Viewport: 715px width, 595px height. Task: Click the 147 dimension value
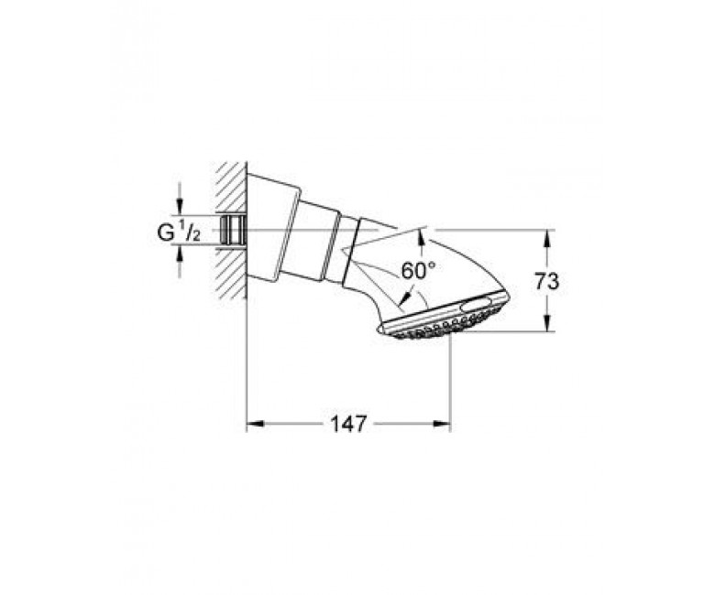coord(348,425)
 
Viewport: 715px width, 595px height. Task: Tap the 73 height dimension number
coord(546,282)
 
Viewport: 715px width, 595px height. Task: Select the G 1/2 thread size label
coord(179,233)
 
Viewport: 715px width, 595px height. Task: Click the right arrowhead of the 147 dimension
coord(442,425)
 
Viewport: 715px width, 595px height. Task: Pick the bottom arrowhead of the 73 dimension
coord(546,323)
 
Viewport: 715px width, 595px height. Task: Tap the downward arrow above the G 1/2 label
coord(180,206)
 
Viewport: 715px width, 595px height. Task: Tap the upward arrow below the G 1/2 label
coord(180,254)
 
